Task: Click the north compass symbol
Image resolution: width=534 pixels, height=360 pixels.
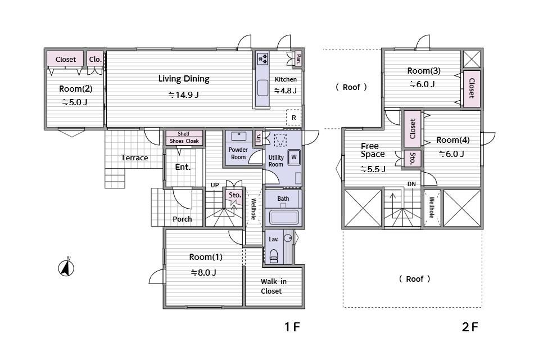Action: (x=66, y=267)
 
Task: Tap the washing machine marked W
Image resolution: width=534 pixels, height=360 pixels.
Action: (x=294, y=157)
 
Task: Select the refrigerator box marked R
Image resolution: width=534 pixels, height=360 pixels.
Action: (x=293, y=118)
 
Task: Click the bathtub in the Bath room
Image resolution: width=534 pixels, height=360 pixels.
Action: (x=284, y=217)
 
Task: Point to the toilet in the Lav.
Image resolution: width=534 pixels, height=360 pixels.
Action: (x=274, y=256)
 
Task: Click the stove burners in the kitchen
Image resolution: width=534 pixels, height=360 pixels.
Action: (x=263, y=59)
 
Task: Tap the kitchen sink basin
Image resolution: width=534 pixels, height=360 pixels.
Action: (x=263, y=88)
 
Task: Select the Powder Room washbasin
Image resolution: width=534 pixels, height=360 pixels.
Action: (x=239, y=136)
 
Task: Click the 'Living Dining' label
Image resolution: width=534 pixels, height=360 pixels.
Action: (x=184, y=79)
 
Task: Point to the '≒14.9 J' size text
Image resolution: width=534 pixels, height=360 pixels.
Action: (x=184, y=94)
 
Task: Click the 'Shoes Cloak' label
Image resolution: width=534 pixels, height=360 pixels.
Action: (x=184, y=141)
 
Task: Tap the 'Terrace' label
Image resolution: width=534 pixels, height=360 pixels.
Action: (x=134, y=157)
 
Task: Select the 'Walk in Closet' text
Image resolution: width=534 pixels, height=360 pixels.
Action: (x=274, y=286)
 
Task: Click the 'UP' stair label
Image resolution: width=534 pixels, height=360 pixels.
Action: (x=215, y=185)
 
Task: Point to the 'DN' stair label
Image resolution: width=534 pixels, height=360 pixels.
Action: (x=411, y=184)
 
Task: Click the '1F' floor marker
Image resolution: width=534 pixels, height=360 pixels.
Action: (x=292, y=327)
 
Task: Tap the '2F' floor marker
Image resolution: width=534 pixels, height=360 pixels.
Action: (x=470, y=327)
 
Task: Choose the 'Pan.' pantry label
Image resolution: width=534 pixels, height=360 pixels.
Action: (x=298, y=59)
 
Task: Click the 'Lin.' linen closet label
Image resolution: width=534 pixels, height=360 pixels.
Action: (x=259, y=137)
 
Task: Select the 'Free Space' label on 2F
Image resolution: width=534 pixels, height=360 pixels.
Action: (x=373, y=150)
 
